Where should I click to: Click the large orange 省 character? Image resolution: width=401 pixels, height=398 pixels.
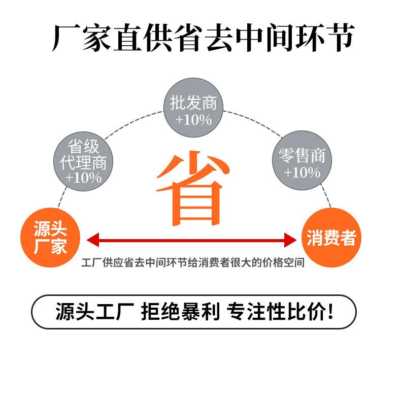click(x=193, y=189)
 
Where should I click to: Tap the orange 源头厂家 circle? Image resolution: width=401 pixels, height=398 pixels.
click(x=50, y=238)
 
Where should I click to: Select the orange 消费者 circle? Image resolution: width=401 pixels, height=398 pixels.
click(x=331, y=238)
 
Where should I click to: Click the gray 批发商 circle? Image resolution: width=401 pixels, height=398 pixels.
click(x=193, y=108)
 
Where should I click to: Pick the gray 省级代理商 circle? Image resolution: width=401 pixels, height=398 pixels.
click(x=83, y=161)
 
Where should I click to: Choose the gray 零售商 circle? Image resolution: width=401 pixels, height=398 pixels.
click(x=302, y=160)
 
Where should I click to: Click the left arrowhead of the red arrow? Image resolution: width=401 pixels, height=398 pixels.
click(x=93, y=240)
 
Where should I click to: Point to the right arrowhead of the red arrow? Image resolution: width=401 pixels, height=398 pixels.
click(x=290, y=240)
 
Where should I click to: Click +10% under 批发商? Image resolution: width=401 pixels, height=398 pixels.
click(x=193, y=120)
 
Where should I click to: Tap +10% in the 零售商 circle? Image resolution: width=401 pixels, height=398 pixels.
click(x=302, y=173)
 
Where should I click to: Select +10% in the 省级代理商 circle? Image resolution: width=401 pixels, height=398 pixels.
click(x=83, y=178)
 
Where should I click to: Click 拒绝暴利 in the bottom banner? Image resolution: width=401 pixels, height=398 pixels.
click(x=180, y=311)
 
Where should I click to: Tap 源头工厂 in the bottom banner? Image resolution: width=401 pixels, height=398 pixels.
click(x=95, y=311)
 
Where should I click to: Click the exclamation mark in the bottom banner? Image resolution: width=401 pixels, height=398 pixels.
click(x=330, y=311)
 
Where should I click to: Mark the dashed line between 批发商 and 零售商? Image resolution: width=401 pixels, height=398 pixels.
click(x=253, y=122)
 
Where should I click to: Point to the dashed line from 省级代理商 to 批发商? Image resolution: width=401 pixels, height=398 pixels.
click(x=134, y=124)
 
